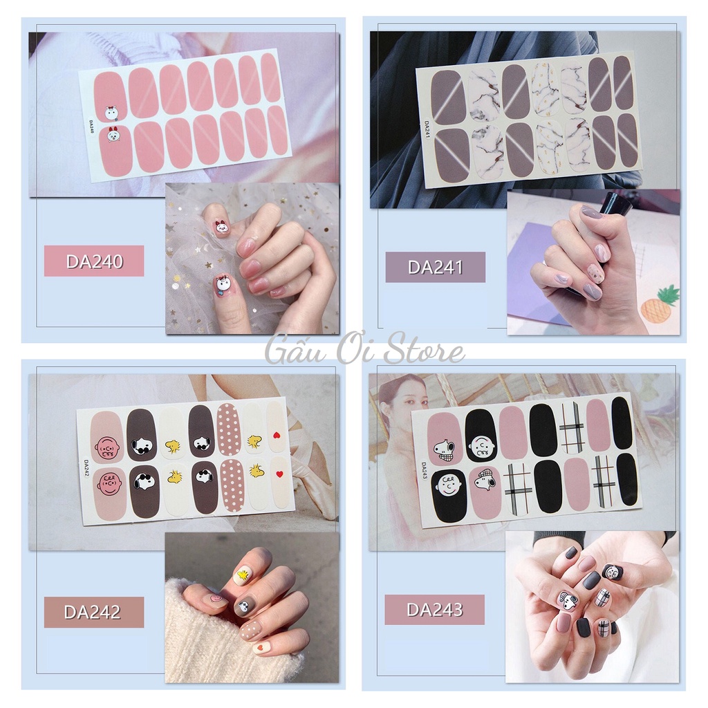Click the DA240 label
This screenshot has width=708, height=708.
(x=94, y=261)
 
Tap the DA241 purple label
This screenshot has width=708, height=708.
(x=435, y=267)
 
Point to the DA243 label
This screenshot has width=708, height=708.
(x=435, y=610)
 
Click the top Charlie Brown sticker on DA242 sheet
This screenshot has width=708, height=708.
(x=107, y=447)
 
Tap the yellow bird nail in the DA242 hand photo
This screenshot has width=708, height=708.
(x=242, y=573)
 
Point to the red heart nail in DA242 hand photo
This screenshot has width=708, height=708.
(x=262, y=647)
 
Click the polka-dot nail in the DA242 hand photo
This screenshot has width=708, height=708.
(x=251, y=628)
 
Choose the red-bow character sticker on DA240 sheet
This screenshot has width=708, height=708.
(x=113, y=133)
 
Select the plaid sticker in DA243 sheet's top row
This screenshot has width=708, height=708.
(x=570, y=427)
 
